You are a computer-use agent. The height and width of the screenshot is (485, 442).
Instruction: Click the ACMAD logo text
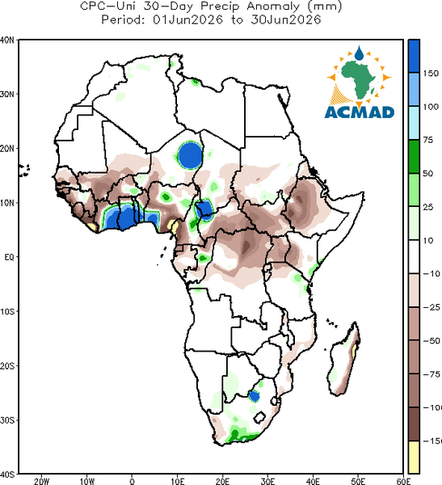point(360,112)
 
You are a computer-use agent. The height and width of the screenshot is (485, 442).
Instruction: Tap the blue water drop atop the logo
point(359,53)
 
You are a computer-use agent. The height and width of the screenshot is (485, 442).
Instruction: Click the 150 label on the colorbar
point(431,74)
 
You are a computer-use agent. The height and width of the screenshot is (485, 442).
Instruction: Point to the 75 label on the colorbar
point(428,140)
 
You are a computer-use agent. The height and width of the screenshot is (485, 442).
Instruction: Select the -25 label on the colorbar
point(431,307)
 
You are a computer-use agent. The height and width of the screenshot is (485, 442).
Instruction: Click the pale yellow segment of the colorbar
point(414,457)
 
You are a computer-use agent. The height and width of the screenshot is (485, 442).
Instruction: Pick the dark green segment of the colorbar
point(414,157)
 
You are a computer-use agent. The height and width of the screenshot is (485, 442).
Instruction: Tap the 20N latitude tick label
point(7,149)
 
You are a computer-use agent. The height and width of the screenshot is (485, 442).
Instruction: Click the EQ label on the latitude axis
point(9,257)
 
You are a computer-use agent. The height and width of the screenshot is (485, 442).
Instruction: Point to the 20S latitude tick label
point(7,366)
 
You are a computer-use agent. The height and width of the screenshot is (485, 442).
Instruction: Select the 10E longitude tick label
point(178,481)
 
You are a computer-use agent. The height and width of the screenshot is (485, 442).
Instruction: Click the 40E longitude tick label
point(313,481)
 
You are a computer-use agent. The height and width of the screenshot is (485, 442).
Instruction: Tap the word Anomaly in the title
point(273,6)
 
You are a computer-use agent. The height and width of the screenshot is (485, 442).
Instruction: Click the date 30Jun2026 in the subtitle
point(285,19)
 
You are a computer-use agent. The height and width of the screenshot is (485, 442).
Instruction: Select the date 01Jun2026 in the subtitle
point(187,19)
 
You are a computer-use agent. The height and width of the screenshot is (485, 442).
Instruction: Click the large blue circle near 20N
point(191,155)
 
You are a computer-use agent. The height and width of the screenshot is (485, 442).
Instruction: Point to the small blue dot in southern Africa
point(255,396)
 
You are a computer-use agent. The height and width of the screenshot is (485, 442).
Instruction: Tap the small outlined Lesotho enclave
point(260,417)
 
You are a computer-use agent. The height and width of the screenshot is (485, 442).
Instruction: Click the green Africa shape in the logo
point(359,78)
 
